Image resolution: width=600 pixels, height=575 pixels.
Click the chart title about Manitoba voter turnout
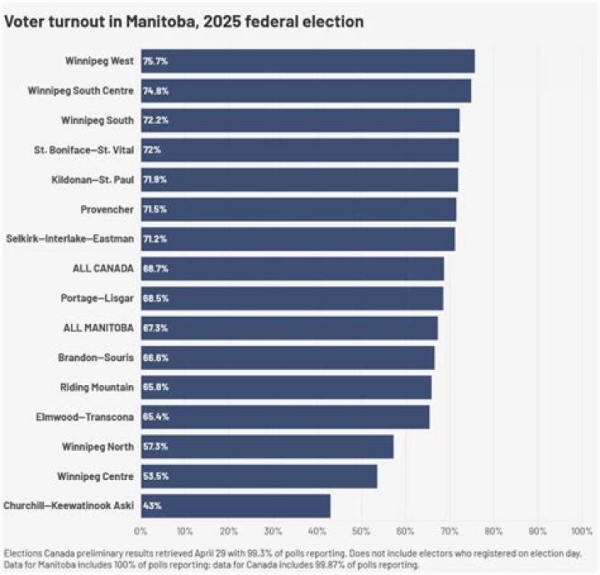pos(184,22)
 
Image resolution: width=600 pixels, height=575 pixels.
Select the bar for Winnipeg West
pos(307,61)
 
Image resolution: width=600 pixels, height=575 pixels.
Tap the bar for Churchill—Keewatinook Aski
pos(235,506)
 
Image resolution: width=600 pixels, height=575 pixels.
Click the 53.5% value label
pos(156,477)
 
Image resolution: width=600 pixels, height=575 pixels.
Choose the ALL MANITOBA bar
pos(288,328)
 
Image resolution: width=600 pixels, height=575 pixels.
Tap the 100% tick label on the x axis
pos(581,530)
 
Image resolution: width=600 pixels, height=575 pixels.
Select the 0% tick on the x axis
pos(141,530)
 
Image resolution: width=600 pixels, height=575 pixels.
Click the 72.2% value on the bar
pos(156,121)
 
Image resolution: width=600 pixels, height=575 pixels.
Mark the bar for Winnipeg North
pos(267,447)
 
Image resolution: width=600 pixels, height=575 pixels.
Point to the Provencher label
pos(108,209)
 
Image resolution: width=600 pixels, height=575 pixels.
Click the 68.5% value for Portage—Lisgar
pos(156,298)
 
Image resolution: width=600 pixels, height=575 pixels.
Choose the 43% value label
pos(152,506)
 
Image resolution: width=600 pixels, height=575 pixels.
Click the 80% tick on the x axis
pos(493,530)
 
